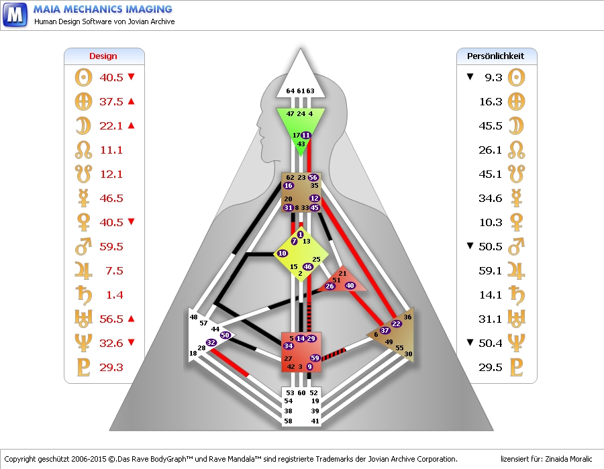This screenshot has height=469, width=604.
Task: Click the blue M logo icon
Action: coord(15,14)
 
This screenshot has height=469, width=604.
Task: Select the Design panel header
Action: coord(103,56)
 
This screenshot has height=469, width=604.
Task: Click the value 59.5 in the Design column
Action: coord(111,246)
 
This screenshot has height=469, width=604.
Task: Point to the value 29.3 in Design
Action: coord(111,367)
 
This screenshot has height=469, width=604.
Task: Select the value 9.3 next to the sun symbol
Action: coord(493,77)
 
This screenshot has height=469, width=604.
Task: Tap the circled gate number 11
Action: coord(306,136)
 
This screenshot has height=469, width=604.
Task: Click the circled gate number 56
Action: coord(313,178)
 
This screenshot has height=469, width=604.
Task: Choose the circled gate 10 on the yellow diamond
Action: coord(283,254)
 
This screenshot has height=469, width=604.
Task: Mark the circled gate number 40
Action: coord(350,286)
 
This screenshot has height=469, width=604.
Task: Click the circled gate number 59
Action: coord(315,358)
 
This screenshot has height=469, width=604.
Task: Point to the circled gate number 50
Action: coord(225,335)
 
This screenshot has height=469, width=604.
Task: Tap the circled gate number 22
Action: coord(396,324)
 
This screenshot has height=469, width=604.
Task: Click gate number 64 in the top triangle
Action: coord(290,91)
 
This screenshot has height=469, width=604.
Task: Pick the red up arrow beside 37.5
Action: coord(132,101)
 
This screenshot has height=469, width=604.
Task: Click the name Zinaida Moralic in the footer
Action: coord(566,459)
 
